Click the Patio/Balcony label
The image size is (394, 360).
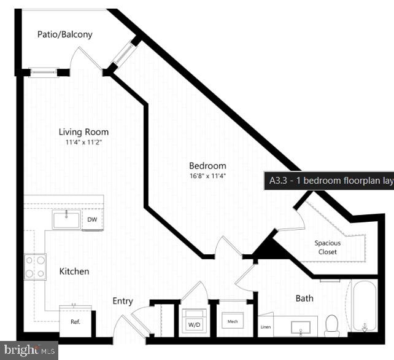[64, 34]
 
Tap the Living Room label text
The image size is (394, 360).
[83, 132]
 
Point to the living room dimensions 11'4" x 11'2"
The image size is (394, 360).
[83, 143]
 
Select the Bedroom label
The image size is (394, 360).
[207, 166]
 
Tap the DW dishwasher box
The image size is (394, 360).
[92, 220]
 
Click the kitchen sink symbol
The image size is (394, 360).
[66, 219]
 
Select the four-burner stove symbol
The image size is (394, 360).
[35, 267]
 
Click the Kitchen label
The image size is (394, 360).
[74, 271]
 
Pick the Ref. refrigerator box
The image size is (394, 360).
[75, 321]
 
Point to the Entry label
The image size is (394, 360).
[123, 301]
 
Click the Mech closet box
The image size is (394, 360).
[233, 321]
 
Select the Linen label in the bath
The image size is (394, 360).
[266, 327]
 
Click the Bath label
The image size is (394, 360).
[304, 299]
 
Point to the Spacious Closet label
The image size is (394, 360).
[328, 247]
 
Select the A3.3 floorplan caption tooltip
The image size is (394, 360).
[329, 181]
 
